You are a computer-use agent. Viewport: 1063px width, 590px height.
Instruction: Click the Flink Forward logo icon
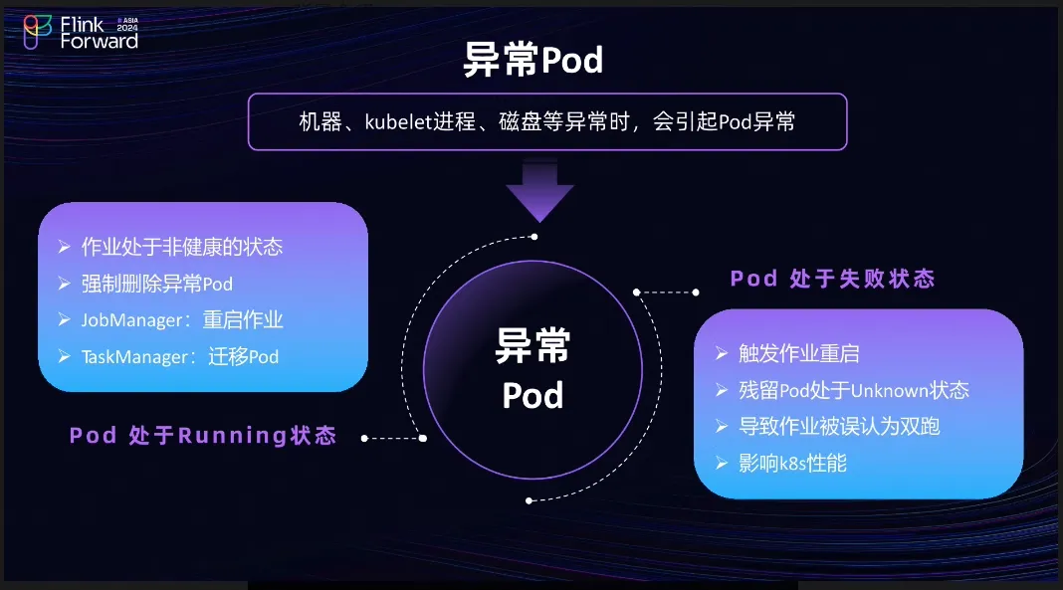[37, 32]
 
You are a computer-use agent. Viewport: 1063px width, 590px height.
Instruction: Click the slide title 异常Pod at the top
[532, 60]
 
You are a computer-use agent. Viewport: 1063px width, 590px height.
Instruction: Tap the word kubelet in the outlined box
[398, 122]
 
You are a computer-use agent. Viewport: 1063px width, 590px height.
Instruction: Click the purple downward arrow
[539, 190]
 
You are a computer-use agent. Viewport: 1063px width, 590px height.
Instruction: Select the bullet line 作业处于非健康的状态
[182, 247]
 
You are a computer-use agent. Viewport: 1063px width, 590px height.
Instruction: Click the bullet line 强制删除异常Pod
[156, 284]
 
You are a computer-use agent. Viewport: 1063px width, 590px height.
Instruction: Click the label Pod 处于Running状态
[203, 435]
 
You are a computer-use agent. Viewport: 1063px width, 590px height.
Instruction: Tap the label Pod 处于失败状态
[832, 279]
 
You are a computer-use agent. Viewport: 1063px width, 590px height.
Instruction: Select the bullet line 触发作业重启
[798, 353]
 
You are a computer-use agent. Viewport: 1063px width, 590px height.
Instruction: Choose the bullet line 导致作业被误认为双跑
[839, 426]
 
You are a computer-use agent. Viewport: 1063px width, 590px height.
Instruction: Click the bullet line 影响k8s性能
[792, 464]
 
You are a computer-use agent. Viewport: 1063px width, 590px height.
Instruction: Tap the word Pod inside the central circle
[532, 395]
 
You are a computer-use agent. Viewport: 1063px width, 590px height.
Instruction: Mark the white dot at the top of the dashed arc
[534, 237]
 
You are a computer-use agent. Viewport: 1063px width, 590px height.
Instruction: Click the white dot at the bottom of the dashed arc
[529, 500]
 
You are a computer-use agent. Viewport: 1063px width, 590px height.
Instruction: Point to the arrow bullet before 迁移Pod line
[65, 356]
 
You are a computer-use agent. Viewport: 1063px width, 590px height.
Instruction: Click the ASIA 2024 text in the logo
[127, 25]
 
